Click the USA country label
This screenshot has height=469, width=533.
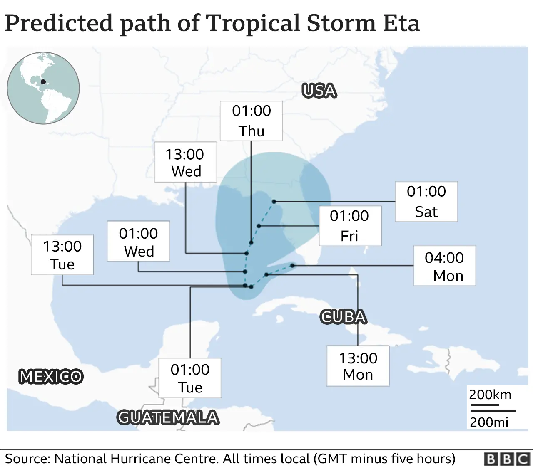(x=319, y=91)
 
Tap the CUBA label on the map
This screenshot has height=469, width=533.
(x=343, y=317)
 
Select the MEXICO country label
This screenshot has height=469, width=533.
(x=51, y=377)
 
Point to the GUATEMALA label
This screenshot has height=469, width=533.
(x=168, y=417)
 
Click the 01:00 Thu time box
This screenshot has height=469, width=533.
(x=251, y=121)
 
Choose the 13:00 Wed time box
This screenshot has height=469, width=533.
(x=185, y=162)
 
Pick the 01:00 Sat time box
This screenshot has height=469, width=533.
(x=426, y=202)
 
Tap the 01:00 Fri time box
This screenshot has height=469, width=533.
(x=350, y=226)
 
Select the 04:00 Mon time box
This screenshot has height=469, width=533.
(x=444, y=266)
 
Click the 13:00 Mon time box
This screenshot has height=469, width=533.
(x=358, y=366)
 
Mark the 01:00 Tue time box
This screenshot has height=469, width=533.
(x=190, y=378)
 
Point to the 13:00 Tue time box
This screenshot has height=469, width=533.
(x=62, y=255)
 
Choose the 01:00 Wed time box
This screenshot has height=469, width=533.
(x=138, y=242)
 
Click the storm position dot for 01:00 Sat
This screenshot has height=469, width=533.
(x=274, y=202)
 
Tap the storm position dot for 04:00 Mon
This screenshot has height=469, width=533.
(x=292, y=265)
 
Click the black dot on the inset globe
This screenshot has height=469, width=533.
(x=43, y=82)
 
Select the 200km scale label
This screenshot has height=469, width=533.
(x=490, y=395)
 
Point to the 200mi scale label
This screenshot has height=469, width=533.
(x=489, y=422)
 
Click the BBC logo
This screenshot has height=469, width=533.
(x=506, y=459)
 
